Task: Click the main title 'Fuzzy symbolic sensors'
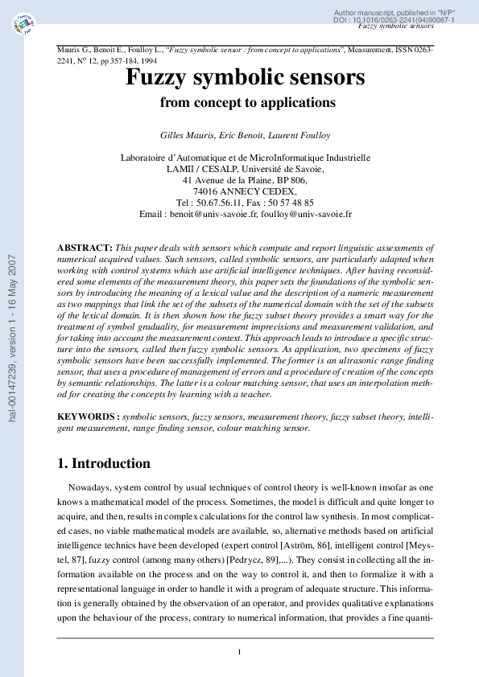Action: tap(245, 78)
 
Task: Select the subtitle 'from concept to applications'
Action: tap(247, 102)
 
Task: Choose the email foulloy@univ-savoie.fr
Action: tap(306, 215)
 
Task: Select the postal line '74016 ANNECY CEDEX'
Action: tap(245, 192)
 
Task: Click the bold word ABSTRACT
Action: tap(85, 248)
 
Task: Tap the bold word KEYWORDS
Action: tap(89, 417)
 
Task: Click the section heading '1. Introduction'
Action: tap(103, 463)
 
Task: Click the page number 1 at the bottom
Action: tap(239, 652)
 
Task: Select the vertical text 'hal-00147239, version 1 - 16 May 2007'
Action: tap(12, 338)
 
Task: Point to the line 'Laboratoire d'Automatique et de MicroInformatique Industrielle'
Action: tap(245, 158)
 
